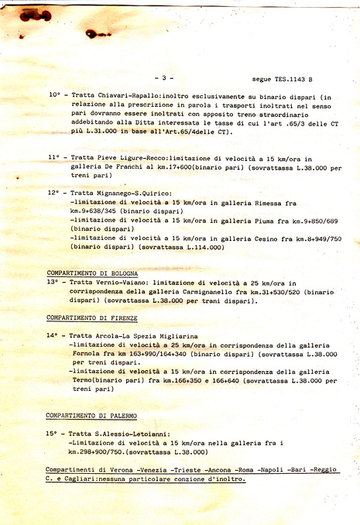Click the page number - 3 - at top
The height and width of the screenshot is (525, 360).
coord(164,77)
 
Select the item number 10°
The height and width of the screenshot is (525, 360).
coord(54,94)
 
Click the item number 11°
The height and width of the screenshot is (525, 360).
coord(54,157)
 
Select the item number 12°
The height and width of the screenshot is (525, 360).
coord(54,193)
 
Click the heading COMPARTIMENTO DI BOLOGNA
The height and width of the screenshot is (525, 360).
coord(92,273)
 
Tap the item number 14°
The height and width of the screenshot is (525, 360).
coord(53,335)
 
